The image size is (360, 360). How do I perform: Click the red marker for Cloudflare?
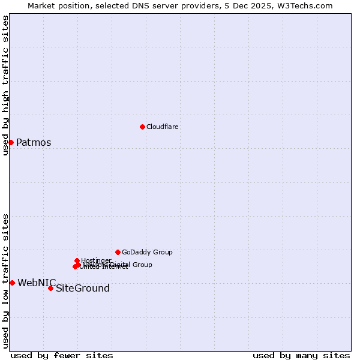tap(142, 127)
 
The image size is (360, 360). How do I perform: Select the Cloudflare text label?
tap(163, 127)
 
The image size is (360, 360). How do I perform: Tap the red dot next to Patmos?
tap(11, 142)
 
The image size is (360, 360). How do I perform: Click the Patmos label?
tap(34, 143)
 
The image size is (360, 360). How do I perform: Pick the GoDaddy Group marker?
tap(118, 252)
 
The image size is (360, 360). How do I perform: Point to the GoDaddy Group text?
tap(147, 252)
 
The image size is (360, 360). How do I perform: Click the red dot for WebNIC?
tap(12, 283)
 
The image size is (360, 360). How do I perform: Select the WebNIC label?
tap(37, 283)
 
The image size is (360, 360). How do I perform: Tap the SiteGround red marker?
tap(50, 289)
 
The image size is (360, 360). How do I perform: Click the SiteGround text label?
tap(83, 289)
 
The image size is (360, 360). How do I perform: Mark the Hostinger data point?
tap(77, 260)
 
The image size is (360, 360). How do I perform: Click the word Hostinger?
tap(97, 260)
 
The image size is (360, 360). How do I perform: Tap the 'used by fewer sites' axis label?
tap(62, 355)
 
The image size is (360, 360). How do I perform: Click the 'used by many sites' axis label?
tap(301, 355)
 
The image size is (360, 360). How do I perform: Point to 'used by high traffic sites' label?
tap(5, 85)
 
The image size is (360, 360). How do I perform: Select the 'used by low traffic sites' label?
tap(5, 280)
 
